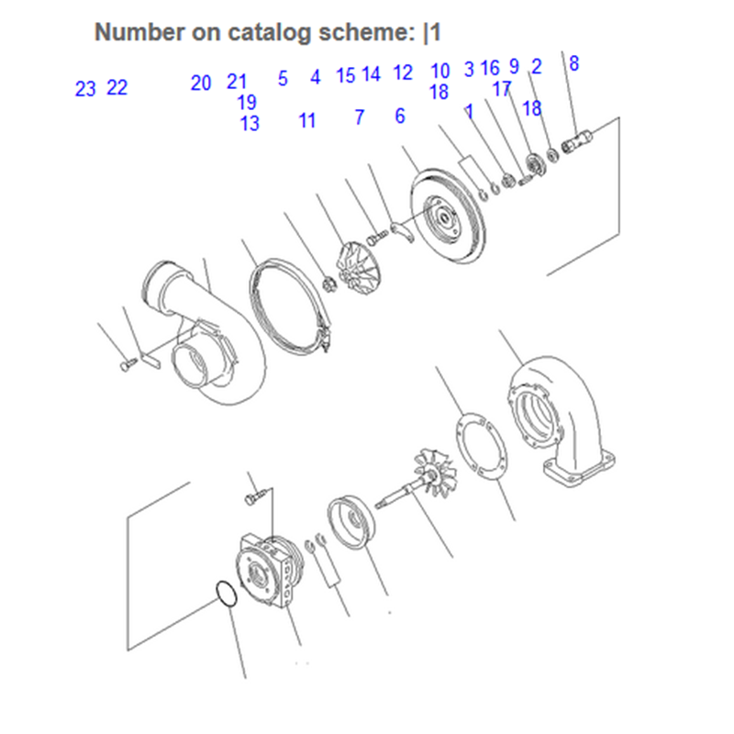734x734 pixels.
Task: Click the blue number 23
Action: [85, 89]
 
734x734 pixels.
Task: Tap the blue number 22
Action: [117, 87]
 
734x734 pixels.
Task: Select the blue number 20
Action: [201, 83]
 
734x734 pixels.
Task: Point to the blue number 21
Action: [237, 82]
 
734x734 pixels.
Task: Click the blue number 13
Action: [250, 124]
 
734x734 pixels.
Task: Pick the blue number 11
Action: [307, 120]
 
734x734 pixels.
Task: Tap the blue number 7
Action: [359, 117]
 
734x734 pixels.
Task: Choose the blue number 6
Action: [400, 116]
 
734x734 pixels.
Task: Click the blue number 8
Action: [574, 63]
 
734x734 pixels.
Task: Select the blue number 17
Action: [502, 88]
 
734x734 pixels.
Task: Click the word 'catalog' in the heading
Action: [269, 32]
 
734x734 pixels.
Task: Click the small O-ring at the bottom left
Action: [227, 595]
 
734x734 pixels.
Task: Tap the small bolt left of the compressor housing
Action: [128, 364]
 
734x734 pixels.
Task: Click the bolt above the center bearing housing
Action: [257, 495]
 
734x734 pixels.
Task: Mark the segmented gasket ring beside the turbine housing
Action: [481, 446]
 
